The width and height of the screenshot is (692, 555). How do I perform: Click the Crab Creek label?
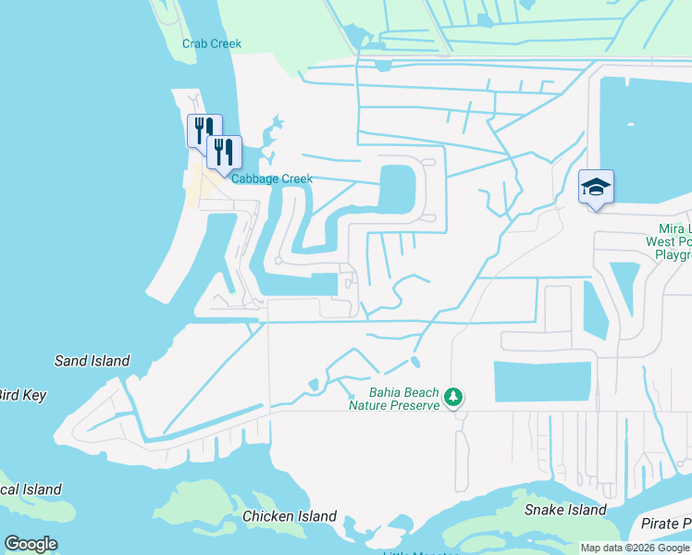click(x=212, y=43)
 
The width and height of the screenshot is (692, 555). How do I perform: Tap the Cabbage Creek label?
click(x=272, y=179)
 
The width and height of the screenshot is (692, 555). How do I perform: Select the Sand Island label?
click(x=93, y=361)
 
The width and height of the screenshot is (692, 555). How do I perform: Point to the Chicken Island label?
click(x=290, y=516)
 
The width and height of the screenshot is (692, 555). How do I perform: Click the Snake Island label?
click(x=565, y=510)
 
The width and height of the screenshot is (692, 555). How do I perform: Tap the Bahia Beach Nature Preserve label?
click(x=393, y=398)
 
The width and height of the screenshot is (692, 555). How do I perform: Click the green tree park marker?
click(x=453, y=398)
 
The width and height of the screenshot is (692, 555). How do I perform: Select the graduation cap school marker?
click(x=596, y=188)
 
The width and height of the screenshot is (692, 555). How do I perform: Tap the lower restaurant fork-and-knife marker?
click(x=223, y=151)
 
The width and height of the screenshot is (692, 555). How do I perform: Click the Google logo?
click(x=31, y=544)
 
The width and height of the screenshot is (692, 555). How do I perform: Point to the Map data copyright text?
click(x=635, y=548)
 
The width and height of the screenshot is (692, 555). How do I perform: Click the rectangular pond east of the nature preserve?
click(x=542, y=381)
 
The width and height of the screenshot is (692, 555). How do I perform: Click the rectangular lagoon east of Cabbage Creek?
click(x=396, y=188)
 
